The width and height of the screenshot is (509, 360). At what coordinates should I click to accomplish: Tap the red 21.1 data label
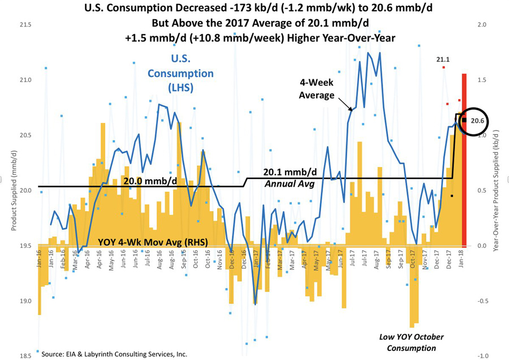(442, 59)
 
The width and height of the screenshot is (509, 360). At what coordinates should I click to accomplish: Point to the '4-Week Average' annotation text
(317, 88)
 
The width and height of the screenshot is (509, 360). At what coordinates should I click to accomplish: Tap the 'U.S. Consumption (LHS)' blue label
(180, 74)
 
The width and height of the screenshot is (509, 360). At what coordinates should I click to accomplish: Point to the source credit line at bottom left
(114, 354)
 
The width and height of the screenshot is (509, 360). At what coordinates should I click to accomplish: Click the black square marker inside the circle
(464, 120)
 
